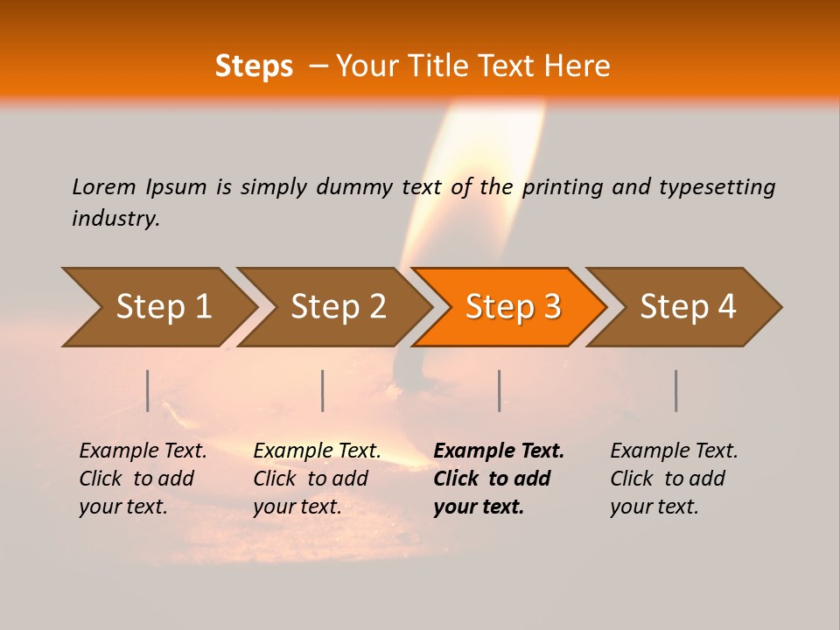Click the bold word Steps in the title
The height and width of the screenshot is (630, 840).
pos(254,66)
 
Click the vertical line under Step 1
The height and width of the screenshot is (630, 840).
pos(148,390)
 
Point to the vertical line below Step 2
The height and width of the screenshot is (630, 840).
pos(323,390)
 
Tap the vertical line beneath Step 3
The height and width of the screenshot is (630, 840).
pos(499,390)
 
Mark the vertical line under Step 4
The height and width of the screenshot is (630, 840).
pos(675,390)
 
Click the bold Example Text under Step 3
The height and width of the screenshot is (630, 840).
pos(499,451)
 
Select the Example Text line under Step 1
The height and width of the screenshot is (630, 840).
pos(143,451)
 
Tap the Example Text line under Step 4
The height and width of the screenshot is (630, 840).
pos(674,451)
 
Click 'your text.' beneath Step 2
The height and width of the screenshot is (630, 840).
pos(297,507)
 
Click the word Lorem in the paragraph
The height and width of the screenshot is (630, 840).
pos(104,187)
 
